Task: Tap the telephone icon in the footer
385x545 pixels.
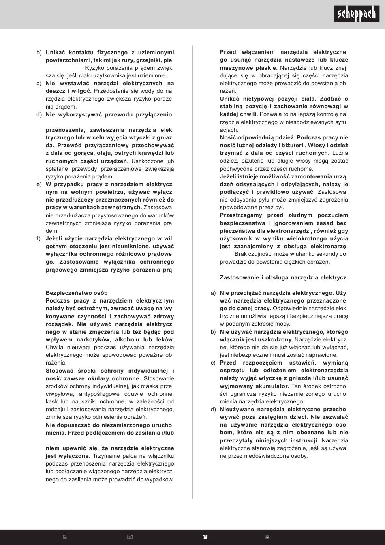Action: tap(205, 537)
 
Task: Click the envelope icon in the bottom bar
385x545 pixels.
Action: tap(130, 537)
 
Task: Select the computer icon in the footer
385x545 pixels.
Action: tap(64, 537)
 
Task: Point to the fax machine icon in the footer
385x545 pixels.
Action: tap(267, 537)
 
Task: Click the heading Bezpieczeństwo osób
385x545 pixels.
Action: tap(77, 293)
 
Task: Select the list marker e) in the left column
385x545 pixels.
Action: tap(39, 184)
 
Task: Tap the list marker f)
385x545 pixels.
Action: tap(39, 238)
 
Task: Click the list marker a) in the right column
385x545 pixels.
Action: tap(213, 293)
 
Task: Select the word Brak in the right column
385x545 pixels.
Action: tap(241, 254)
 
